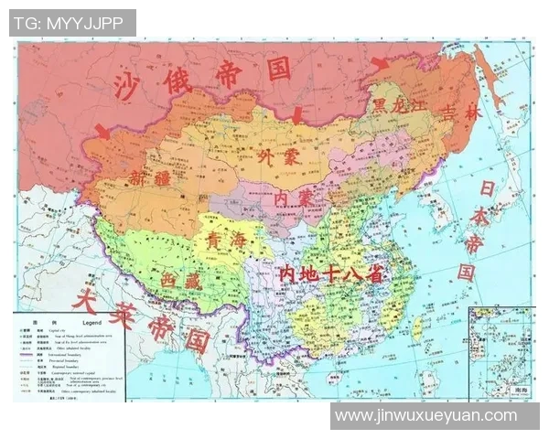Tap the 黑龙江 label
[x=398, y=106]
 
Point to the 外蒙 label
[x=278, y=156]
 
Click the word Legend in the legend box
[x=96, y=324]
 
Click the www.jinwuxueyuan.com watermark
[x=425, y=416]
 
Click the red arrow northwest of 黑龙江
[x=378, y=62]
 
